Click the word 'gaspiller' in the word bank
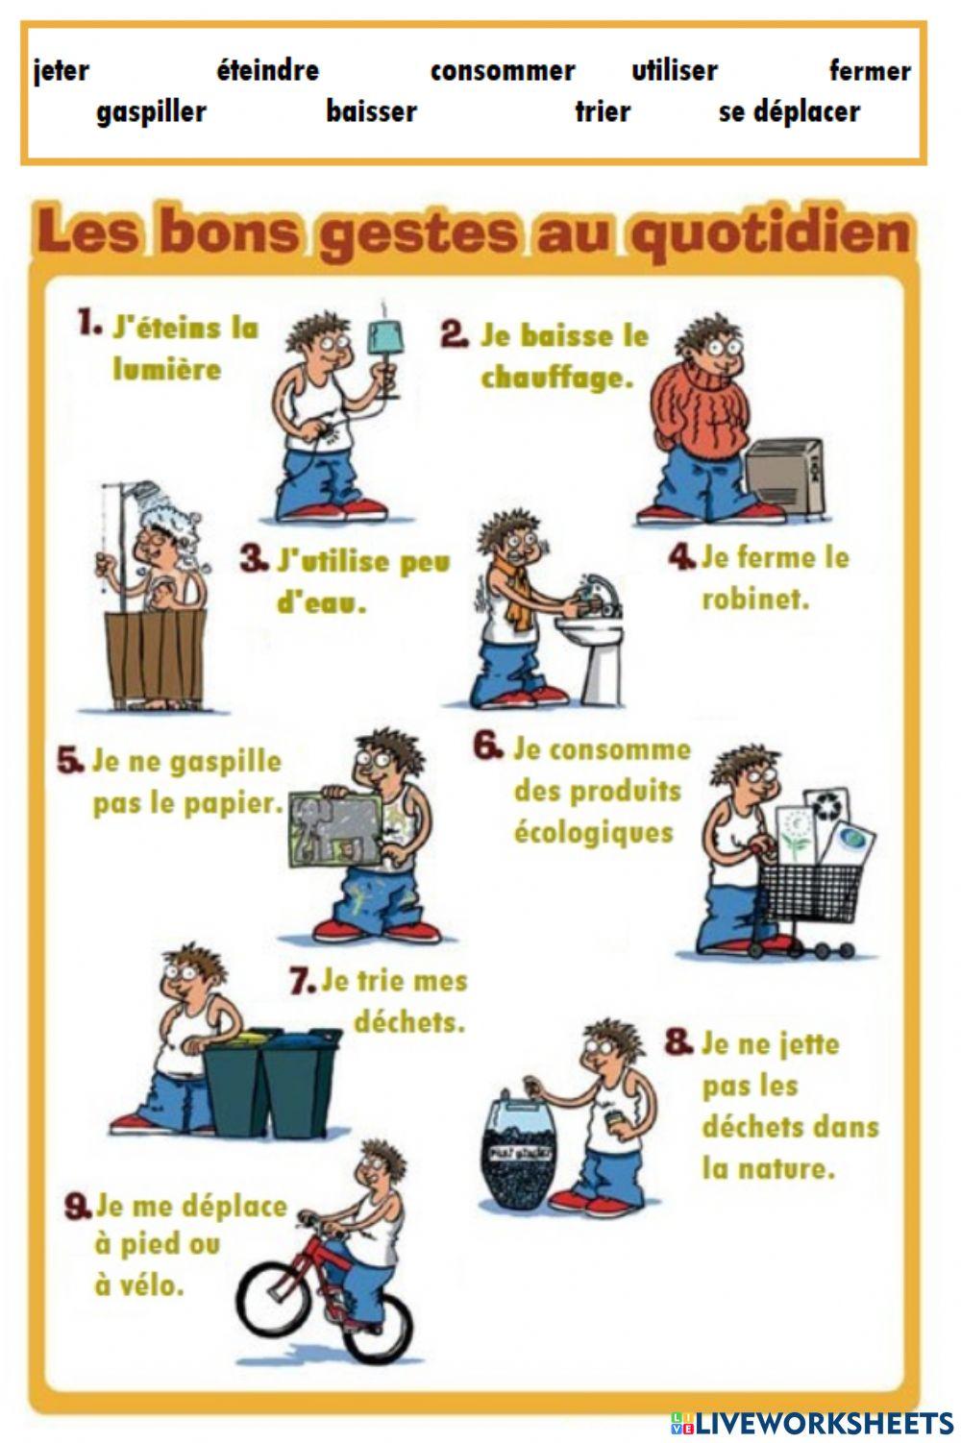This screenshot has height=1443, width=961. pos(151,111)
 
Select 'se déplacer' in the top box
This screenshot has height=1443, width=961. pos(789,111)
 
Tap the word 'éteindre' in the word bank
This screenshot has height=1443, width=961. pos(267,70)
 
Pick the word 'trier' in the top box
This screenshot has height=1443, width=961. pos(603,111)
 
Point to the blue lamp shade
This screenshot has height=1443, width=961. pos(387,337)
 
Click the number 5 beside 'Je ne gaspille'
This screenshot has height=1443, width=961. pos(70,762)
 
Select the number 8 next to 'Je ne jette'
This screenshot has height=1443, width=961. pos(678,1042)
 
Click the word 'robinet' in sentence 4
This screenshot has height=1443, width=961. pos(755,599)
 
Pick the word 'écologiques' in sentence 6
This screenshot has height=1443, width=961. pos(593,832)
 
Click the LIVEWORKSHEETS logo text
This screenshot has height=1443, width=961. pos(822,1422)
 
